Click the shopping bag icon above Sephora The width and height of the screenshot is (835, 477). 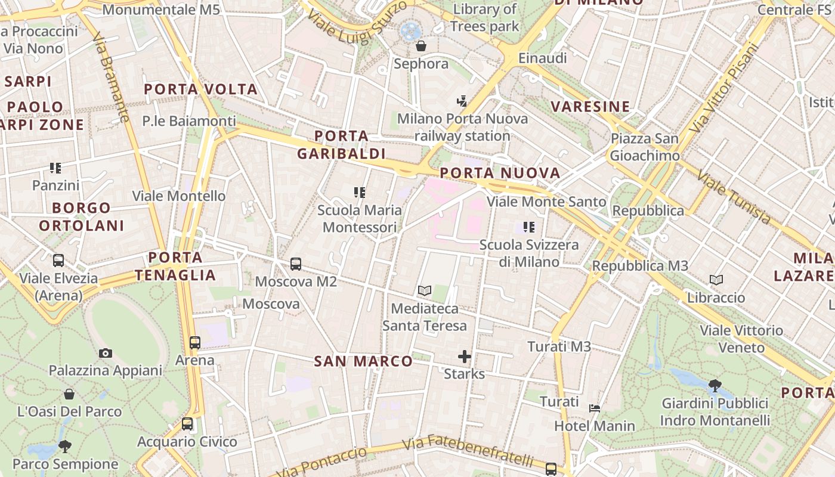(421, 46)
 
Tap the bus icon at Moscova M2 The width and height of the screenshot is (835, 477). (296, 264)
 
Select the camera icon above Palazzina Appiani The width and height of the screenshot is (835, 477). (106, 353)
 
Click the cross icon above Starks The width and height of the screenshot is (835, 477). (464, 357)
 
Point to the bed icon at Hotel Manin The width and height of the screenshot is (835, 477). (595, 408)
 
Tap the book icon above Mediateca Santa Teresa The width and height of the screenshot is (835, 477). (425, 291)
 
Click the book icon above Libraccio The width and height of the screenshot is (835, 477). (716, 280)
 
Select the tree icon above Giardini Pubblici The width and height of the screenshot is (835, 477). (715, 386)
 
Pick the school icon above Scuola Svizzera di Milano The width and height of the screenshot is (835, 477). (528, 227)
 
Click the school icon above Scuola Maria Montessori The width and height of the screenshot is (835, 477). (359, 193)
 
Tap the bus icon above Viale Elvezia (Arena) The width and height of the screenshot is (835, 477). (58, 261)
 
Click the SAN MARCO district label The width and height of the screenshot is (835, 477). (363, 361)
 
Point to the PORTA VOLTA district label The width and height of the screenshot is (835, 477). (201, 89)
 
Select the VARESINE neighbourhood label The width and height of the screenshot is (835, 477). (590, 107)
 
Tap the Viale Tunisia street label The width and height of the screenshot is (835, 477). (733, 197)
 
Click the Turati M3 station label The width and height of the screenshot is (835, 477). (559, 346)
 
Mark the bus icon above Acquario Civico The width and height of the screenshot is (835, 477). (187, 424)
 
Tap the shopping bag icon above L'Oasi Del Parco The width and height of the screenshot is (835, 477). (69, 394)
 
